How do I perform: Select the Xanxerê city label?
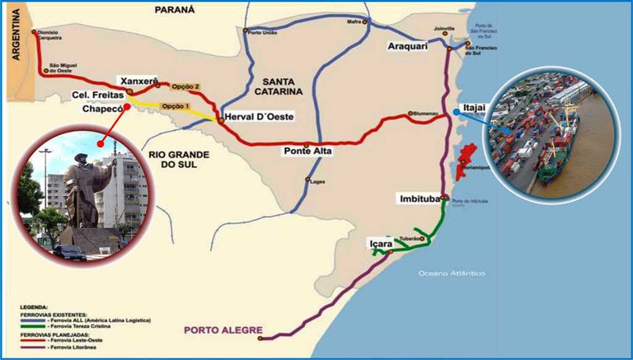pos(138,81)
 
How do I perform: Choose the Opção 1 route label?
pos(176,106)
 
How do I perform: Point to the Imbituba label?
pos(418,198)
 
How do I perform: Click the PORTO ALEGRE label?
pos(217,333)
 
